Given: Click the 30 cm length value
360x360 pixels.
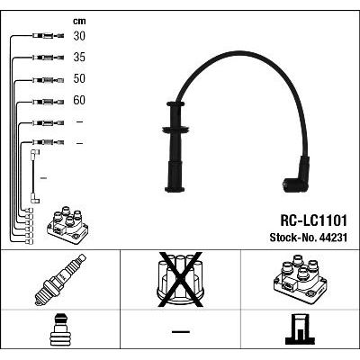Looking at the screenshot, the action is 79,36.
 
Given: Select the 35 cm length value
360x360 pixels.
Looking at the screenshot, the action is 79,58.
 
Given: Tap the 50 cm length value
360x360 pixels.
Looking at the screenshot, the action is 79,78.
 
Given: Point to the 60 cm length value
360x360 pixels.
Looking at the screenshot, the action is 79,100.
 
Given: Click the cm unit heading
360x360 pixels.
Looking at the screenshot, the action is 79,21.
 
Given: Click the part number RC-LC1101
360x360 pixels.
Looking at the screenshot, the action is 313,221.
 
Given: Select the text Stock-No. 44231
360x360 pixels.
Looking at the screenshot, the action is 309,238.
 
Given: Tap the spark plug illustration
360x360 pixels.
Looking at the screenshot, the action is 60,280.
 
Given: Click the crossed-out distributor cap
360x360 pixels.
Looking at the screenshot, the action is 181,280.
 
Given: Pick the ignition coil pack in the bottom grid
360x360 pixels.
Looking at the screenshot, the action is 300,279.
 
